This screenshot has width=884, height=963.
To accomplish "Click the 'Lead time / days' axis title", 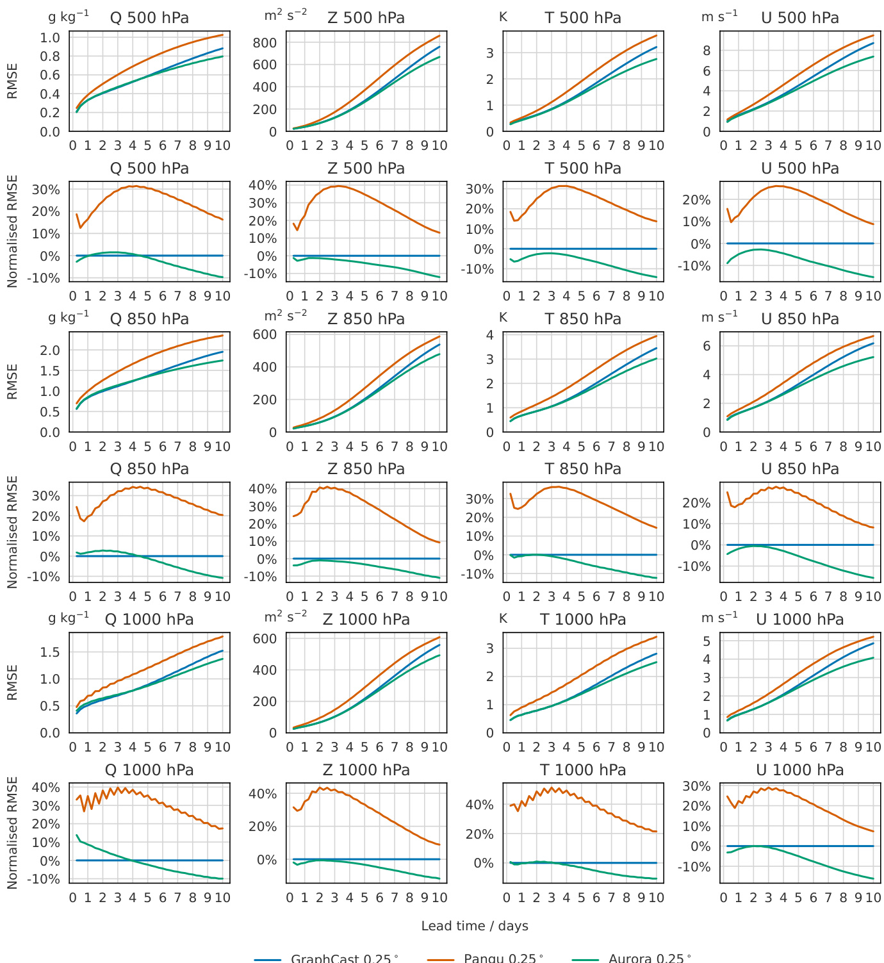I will click(475, 926).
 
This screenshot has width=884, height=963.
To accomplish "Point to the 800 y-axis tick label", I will click(265, 43).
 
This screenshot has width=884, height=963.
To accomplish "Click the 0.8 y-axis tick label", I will click(50, 56).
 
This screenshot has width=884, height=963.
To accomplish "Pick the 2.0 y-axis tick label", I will click(50, 350).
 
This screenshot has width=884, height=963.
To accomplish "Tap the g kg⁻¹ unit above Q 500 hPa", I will click(69, 17).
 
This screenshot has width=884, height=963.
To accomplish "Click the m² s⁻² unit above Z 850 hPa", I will click(286, 316).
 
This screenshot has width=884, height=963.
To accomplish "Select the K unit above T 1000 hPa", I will click(503, 618).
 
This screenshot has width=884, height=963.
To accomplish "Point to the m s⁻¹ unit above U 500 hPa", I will click(719, 17).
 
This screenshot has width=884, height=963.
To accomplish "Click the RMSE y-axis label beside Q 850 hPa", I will click(12, 382).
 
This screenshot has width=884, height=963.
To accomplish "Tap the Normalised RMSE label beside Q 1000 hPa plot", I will click(12, 833).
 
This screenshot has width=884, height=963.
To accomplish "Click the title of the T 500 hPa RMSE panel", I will click(583, 18).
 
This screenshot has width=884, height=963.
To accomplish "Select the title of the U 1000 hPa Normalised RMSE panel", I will click(799, 770).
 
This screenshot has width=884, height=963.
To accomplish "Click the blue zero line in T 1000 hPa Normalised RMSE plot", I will click(602, 863).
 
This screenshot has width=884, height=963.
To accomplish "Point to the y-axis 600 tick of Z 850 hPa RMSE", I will click(265, 334).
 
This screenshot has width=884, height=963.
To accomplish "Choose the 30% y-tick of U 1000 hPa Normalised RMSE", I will click(697, 786).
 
